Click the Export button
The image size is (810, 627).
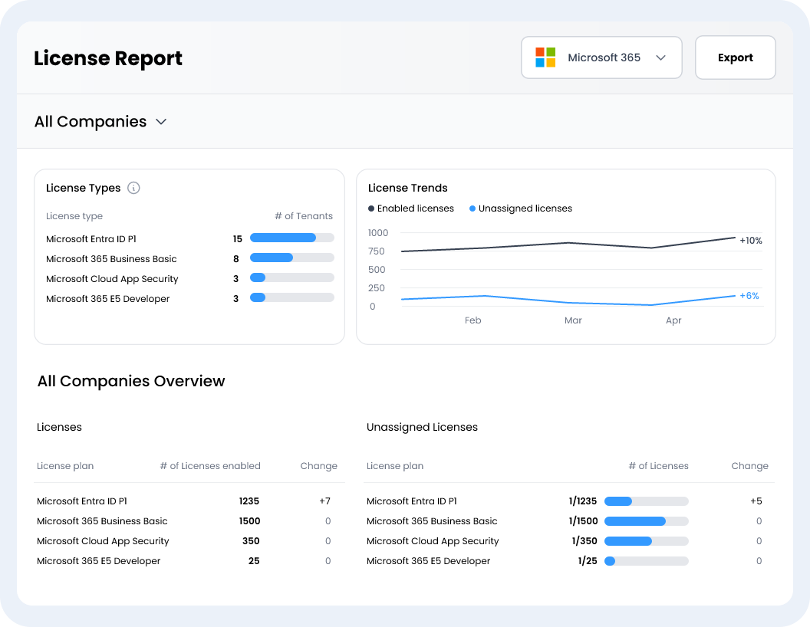(735, 57)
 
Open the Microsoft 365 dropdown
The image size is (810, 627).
(601, 57)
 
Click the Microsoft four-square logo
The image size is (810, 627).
(545, 57)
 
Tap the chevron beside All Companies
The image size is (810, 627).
(161, 122)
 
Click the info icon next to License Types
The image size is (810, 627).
(133, 188)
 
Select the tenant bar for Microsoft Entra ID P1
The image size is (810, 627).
(292, 238)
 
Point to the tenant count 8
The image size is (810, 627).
(236, 259)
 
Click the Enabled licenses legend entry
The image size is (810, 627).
(410, 208)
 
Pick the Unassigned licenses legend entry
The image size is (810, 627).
(521, 208)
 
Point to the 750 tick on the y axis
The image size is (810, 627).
(377, 251)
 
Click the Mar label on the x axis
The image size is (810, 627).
(573, 320)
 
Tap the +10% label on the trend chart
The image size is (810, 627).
(751, 241)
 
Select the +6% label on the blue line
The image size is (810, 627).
(749, 296)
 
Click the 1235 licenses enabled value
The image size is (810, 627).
(249, 501)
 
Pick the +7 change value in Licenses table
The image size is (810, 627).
(325, 501)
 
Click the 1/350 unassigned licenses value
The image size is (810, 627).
(584, 541)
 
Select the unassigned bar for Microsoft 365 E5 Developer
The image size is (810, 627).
(647, 561)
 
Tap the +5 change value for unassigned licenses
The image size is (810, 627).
(756, 501)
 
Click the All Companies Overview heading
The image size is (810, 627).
(131, 381)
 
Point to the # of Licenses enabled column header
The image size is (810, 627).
(210, 466)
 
